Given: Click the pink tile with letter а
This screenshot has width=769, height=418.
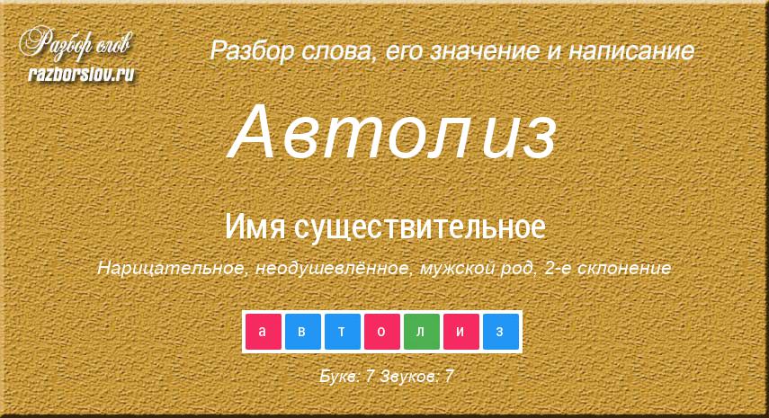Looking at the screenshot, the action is click(x=264, y=332).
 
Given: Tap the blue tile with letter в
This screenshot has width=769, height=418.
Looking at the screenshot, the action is click(x=303, y=332).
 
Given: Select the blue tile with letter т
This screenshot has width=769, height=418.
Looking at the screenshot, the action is click(x=343, y=332).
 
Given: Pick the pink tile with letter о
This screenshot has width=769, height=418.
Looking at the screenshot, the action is click(x=382, y=332).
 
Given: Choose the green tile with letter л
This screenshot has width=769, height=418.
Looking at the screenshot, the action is click(x=422, y=332).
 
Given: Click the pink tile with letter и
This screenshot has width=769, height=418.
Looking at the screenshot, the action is click(x=461, y=332).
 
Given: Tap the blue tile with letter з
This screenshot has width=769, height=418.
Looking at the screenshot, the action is click(x=501, y=332).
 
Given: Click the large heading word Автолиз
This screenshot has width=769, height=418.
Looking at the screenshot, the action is click(x=393, y=132).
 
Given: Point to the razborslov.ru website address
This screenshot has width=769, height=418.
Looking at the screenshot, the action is click(x=81, y=74).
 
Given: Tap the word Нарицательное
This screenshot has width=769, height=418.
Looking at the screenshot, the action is click(x=171, y=268).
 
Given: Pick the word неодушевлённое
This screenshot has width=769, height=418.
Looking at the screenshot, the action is click(x=333, y=268).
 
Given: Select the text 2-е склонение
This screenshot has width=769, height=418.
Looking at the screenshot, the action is click(x=608, y=268).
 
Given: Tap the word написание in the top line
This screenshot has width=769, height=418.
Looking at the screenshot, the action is click(x=631, y=51).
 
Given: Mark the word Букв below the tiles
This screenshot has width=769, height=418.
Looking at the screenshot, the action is click(x=340, y=377).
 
